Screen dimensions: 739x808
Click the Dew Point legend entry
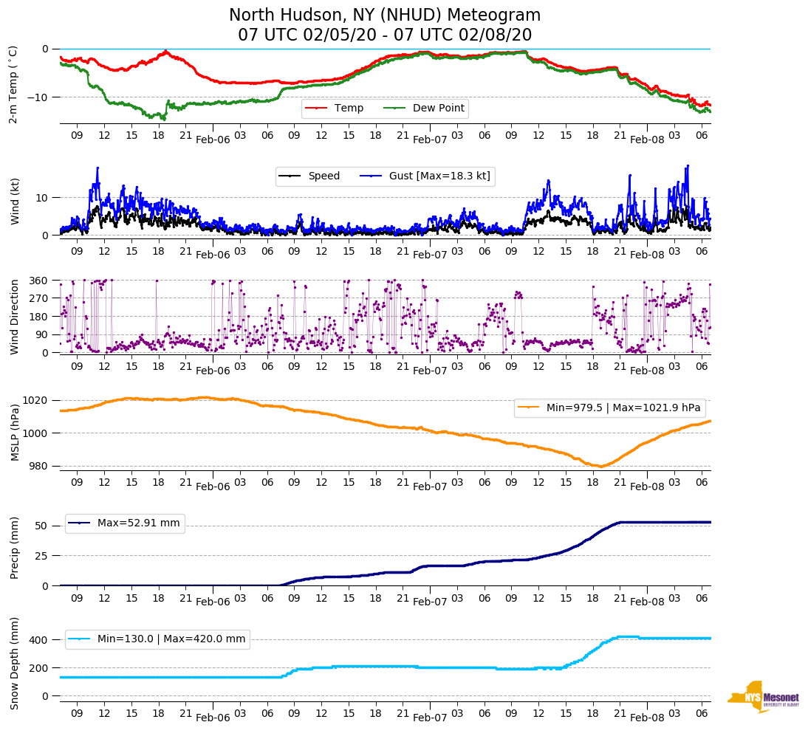(438, 109)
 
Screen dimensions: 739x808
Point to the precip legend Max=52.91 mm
(138, 523)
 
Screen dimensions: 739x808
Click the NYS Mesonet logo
(764, 698)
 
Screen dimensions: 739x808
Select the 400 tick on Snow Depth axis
(39, 639)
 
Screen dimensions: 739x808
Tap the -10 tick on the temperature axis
(37, 97)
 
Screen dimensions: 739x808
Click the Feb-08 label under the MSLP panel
(647, 487)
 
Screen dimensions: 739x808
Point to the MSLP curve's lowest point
(600, 467)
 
